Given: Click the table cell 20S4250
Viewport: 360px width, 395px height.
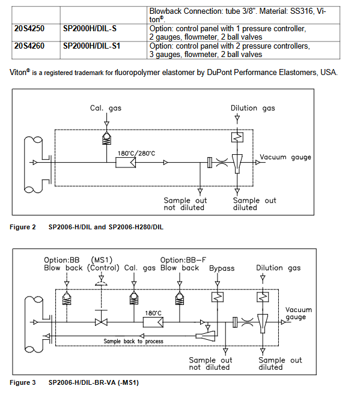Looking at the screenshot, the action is tap(29, 29).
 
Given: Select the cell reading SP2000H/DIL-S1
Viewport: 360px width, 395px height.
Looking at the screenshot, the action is tap(91, 46).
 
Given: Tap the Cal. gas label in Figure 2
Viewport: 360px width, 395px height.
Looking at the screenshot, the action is tap(106, 108).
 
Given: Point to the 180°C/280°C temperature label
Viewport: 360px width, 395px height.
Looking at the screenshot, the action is tap(136, 154).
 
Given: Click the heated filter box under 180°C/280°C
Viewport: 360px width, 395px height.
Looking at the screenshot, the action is tap(126, 163).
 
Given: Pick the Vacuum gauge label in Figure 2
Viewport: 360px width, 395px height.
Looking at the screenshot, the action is tap(285, 157).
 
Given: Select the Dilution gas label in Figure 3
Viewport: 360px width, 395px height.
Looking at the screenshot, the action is tap(278, 268).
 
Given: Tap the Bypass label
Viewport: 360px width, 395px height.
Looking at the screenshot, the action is tap(222, 268).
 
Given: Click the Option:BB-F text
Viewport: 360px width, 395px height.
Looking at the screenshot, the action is tap(183, 260).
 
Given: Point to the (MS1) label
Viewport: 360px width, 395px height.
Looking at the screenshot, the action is tap(102, 260).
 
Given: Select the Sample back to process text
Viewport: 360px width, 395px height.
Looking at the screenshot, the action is tap(133, 342).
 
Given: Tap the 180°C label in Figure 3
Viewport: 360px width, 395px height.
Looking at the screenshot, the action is tap(153, 313).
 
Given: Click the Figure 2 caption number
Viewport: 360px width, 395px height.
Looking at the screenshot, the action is tap(23, 228).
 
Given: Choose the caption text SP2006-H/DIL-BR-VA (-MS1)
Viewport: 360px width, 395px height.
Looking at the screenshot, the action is tap(94, 382).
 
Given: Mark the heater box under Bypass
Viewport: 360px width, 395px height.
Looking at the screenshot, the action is tap(218, 297).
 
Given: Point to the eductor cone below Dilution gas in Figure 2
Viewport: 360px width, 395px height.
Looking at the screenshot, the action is tap(237, 164).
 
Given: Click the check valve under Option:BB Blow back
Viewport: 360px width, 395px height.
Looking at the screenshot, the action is tap(67, 298).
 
